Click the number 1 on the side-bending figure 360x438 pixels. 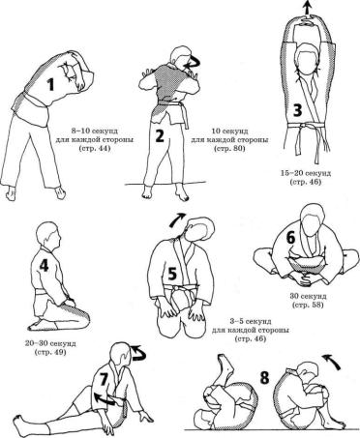click(x=50, y=85)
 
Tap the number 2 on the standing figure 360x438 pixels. click(x=160, y=135)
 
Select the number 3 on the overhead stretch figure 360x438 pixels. click(x=297, y=109)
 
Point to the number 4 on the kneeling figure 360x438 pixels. click(x=44, y=266)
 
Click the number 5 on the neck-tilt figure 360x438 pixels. click(x=172, y=275)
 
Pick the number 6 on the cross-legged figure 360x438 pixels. click(x=290, y=238)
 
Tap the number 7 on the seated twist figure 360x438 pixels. click(x=104, y=380)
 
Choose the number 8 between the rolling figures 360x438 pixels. click(x=264, y=377)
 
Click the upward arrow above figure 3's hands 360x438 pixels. click(x=307, y=7)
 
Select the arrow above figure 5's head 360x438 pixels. click(x=178, y=219)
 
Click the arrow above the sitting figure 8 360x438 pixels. click(x=332, y=361)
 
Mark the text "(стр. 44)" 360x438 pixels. click(x=94, y=149)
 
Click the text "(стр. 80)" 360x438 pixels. click(x=229, y=149)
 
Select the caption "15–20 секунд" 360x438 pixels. click(x=305, y=173)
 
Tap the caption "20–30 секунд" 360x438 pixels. click(x=50, y=343)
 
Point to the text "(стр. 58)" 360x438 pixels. click(x=307, y=305)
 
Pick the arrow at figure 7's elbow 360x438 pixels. click(x=105, y=398)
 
